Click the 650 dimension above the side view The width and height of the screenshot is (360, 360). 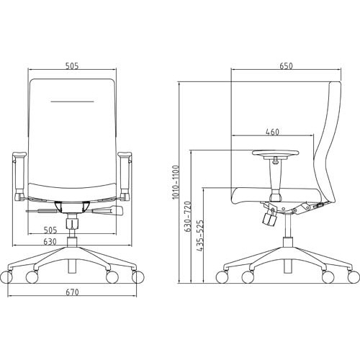(x=286, y=66)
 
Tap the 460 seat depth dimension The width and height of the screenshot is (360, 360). (x=273, y=132)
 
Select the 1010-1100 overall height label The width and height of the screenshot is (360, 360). (x=176, y=182)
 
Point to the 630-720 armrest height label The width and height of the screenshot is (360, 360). (x=188, y=217)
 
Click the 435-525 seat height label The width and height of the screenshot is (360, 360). (x=200, y=235)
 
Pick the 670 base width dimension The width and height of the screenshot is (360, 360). (x=72, y=292)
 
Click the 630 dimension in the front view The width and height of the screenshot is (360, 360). (x=50, y=241)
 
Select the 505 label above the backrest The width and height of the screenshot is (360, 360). (x=72, y=66)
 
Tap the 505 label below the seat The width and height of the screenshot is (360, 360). (x=50, y=230)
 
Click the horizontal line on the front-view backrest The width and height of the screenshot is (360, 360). (x=72, y=102)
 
